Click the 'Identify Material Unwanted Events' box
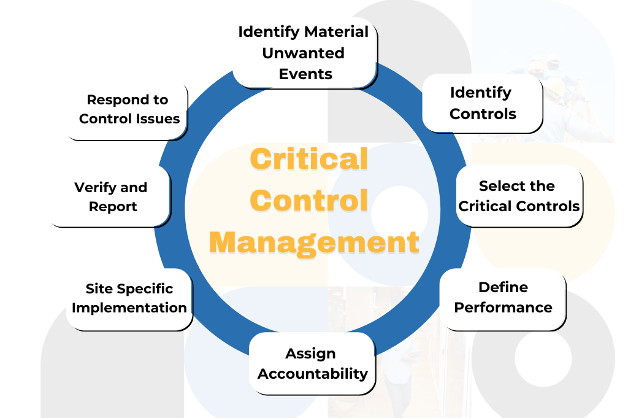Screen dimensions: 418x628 [x=304, y=53]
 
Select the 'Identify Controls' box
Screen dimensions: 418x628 [x=482, y=103]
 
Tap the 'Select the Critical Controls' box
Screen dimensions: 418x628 [x=519, y=196]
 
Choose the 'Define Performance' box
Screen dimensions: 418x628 [x=503, y=298]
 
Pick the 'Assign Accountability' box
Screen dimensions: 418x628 [x=312, y=363]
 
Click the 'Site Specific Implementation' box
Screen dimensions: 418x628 [x=129, y=298]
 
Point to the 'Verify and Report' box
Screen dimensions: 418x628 [x=110, y=197]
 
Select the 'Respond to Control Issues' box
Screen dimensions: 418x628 [x=127, y=109]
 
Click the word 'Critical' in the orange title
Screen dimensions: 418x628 [x=308, y=160]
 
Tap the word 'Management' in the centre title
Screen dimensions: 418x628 [x=314, y=242]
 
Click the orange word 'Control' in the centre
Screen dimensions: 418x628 [x=310, y=201]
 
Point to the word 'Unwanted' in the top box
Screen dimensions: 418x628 [x=303, y=53]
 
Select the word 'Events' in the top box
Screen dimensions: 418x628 [x=305, y=74]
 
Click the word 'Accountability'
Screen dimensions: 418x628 [x=313, y=373]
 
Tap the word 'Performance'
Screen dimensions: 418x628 [x=503, y=308]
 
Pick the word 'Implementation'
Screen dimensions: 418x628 [x=129, y=308]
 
